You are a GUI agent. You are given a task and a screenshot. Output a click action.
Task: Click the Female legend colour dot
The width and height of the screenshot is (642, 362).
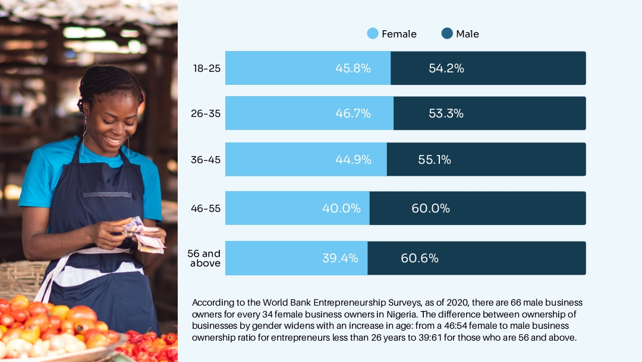point(373,34)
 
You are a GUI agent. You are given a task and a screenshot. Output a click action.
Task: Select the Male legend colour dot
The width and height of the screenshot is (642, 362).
point(447,34)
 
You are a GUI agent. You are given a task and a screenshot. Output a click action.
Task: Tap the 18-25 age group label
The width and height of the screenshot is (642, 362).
point(207,68)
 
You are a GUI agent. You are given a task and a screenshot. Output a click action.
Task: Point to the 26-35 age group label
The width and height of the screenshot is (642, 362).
point(206,113)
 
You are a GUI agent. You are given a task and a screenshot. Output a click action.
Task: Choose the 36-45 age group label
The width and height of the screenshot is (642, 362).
point(206,159)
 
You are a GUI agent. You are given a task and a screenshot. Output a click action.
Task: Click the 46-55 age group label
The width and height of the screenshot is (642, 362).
point(206,208)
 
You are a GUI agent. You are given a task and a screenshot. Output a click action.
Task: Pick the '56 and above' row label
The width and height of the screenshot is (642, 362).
point(205,258)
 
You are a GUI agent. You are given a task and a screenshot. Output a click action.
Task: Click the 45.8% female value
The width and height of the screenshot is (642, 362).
point(353,68)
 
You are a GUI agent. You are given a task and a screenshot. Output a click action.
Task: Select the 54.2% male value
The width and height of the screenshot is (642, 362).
point(446,68)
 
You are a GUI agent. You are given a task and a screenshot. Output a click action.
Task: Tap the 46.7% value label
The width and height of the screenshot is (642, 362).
point(353,113)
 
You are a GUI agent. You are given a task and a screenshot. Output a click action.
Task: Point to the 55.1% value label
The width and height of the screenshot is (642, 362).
point(433,159)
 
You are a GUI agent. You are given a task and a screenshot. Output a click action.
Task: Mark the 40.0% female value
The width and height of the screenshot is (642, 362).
point(341,208)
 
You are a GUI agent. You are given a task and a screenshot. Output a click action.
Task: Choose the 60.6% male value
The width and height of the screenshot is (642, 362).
point(420,258)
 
